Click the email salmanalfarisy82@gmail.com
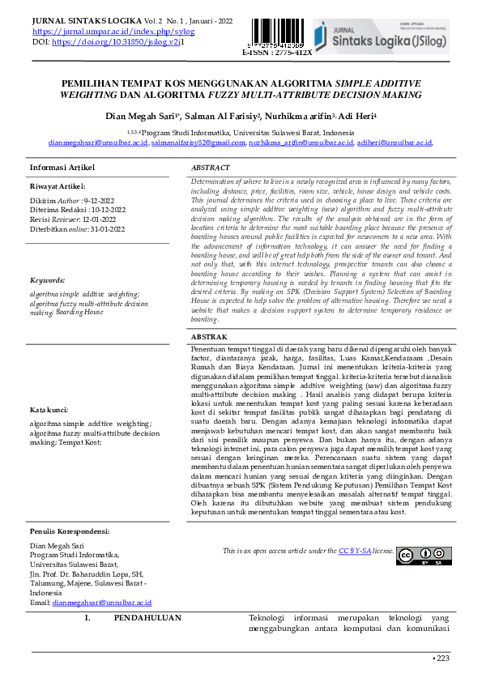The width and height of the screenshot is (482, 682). (198, 142)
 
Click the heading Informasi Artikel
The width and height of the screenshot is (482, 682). (62, 167)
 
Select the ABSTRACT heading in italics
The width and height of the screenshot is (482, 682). (211, 167)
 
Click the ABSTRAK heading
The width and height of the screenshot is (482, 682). (208, 335)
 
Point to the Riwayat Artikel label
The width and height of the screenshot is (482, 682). (59, 185)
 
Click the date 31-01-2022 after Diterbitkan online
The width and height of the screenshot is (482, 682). (106, 229)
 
